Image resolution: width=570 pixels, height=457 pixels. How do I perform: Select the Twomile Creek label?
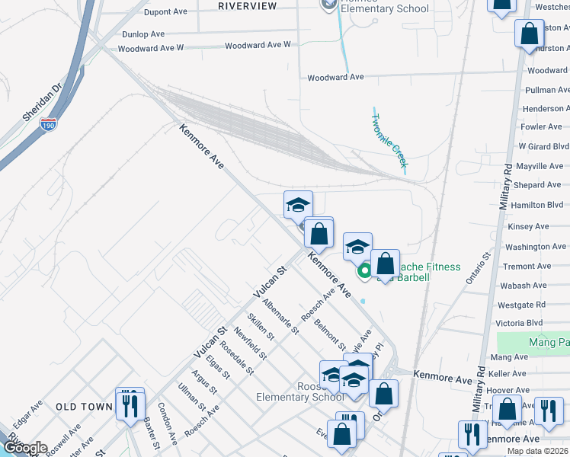[389, 140]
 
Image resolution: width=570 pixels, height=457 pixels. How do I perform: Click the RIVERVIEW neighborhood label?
[248, 6]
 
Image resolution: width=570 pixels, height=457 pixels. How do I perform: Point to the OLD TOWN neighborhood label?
[84, 407]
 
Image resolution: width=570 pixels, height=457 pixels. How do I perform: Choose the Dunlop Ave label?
[143, 34]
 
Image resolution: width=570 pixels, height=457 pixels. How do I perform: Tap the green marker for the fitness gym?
[364, 270]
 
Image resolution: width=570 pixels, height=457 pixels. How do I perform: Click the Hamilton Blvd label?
[536, 206]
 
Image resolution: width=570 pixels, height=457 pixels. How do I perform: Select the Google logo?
[24, 448]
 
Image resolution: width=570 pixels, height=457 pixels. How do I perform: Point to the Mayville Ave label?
[540, 166]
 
